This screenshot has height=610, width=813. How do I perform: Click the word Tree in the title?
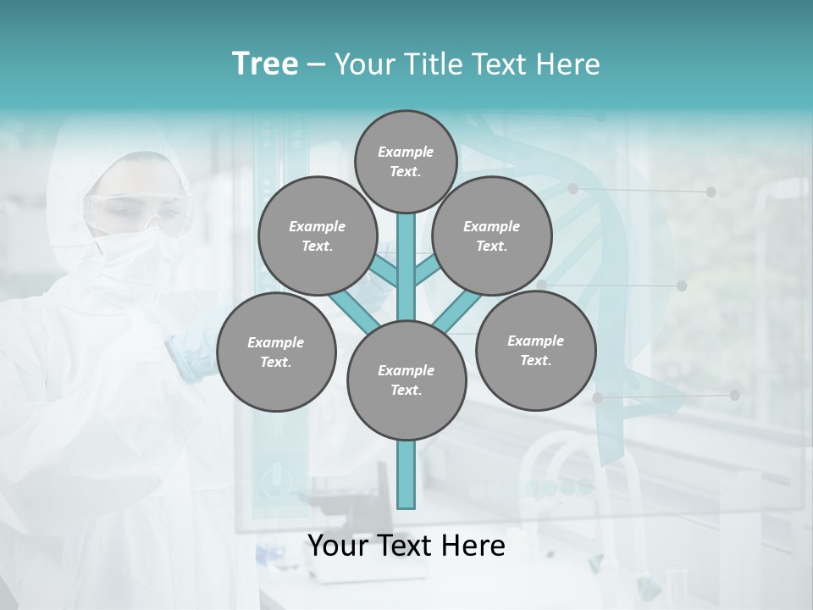coord(265,64)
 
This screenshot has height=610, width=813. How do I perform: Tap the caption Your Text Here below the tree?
coord(406,546)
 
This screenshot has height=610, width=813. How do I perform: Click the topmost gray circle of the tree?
coord(406,161)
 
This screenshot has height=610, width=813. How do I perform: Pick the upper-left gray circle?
coord(317,236)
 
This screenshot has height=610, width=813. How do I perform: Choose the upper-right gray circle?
coord(491,236)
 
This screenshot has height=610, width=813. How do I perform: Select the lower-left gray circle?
coord(276,352)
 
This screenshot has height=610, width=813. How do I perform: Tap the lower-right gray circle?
coord(535,350)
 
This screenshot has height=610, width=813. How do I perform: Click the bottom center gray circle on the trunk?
coord(406,380)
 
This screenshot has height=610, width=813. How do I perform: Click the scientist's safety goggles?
coord(140,210)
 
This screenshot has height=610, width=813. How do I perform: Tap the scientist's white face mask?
coord(135,250)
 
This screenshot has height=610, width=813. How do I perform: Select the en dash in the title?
coord(316,65)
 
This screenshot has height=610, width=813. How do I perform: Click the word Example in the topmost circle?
coord(406,152)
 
